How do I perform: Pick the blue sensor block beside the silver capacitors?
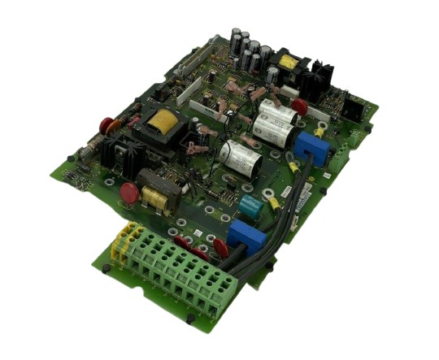[309, 147]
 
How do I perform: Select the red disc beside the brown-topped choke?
[128, 193]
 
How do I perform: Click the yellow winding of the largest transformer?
[159, 124]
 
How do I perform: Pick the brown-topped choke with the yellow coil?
[156, 192]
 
